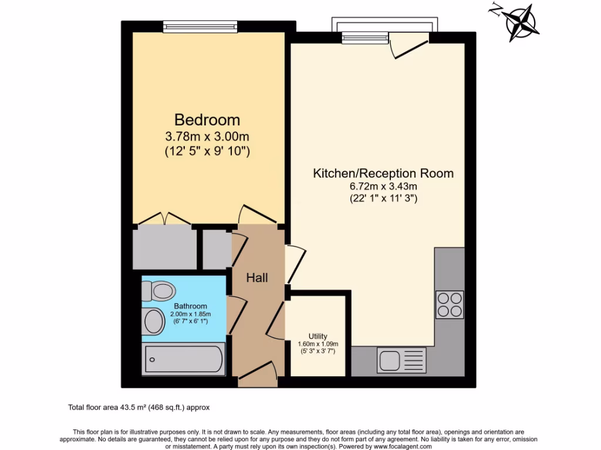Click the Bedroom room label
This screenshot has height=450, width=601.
click(207, 120)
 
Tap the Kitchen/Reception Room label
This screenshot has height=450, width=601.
click(383, 173)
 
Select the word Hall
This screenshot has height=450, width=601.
click(257, 277)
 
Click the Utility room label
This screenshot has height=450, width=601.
click(318, 336)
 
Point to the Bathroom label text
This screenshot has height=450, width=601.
click(190, 306)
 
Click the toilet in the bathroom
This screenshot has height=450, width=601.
click(159, 291)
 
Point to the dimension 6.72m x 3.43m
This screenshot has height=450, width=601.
click(383, 186)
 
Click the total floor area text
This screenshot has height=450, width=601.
click(139, 407)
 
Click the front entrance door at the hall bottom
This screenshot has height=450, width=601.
click(258, 373)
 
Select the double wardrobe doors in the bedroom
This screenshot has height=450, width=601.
click(165, 219)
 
